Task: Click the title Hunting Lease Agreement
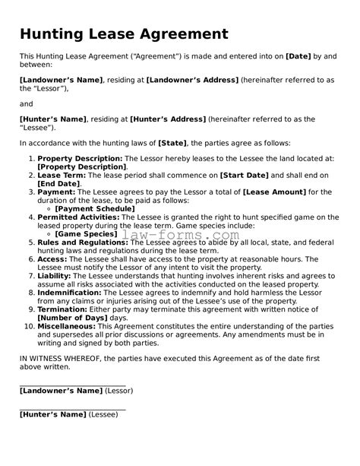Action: [x=124, y=34]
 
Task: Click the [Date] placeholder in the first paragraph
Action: [x=298, y=55]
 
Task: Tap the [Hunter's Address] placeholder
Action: [x=168, y=119]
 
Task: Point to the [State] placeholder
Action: [x=172, y=143]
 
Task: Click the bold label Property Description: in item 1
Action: [x=80, y=158]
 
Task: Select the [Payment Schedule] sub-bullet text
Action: [x=95, y=208]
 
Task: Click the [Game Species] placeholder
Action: [x=86, y=233]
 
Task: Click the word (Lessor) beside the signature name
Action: [x=119, y=391]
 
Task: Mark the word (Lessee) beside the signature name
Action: [x=103, y=414]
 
